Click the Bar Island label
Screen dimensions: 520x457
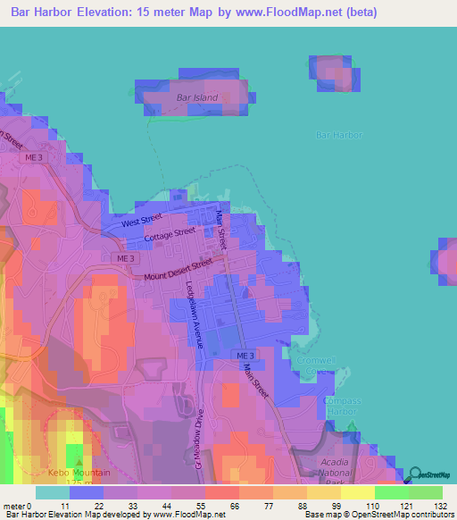(197, 96)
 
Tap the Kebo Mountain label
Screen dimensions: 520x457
(80, 473)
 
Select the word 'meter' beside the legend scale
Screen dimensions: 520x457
(17, 506)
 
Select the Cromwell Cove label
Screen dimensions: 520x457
(310, 366)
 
